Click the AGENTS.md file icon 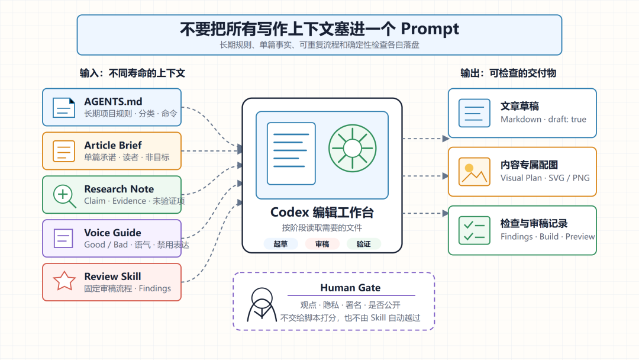[64, 108]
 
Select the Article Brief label [113, 145]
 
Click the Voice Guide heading [112, 233]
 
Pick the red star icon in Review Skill [64, 281]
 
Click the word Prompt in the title [430, 29]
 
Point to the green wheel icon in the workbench [353, 149]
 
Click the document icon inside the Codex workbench [291, 154]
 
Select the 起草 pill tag [280, 244]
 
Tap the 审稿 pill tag [322, 244]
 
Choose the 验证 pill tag [363, 244]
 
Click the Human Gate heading [350, 288]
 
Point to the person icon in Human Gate [262, 304]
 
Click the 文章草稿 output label [519, 107]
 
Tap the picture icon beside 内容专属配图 [474, 172]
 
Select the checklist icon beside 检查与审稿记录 [474, 230]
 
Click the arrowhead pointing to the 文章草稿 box [446, 139]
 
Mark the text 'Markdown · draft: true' [543, 120]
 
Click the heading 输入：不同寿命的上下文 [133, 73]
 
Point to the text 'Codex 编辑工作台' [322, 213]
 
